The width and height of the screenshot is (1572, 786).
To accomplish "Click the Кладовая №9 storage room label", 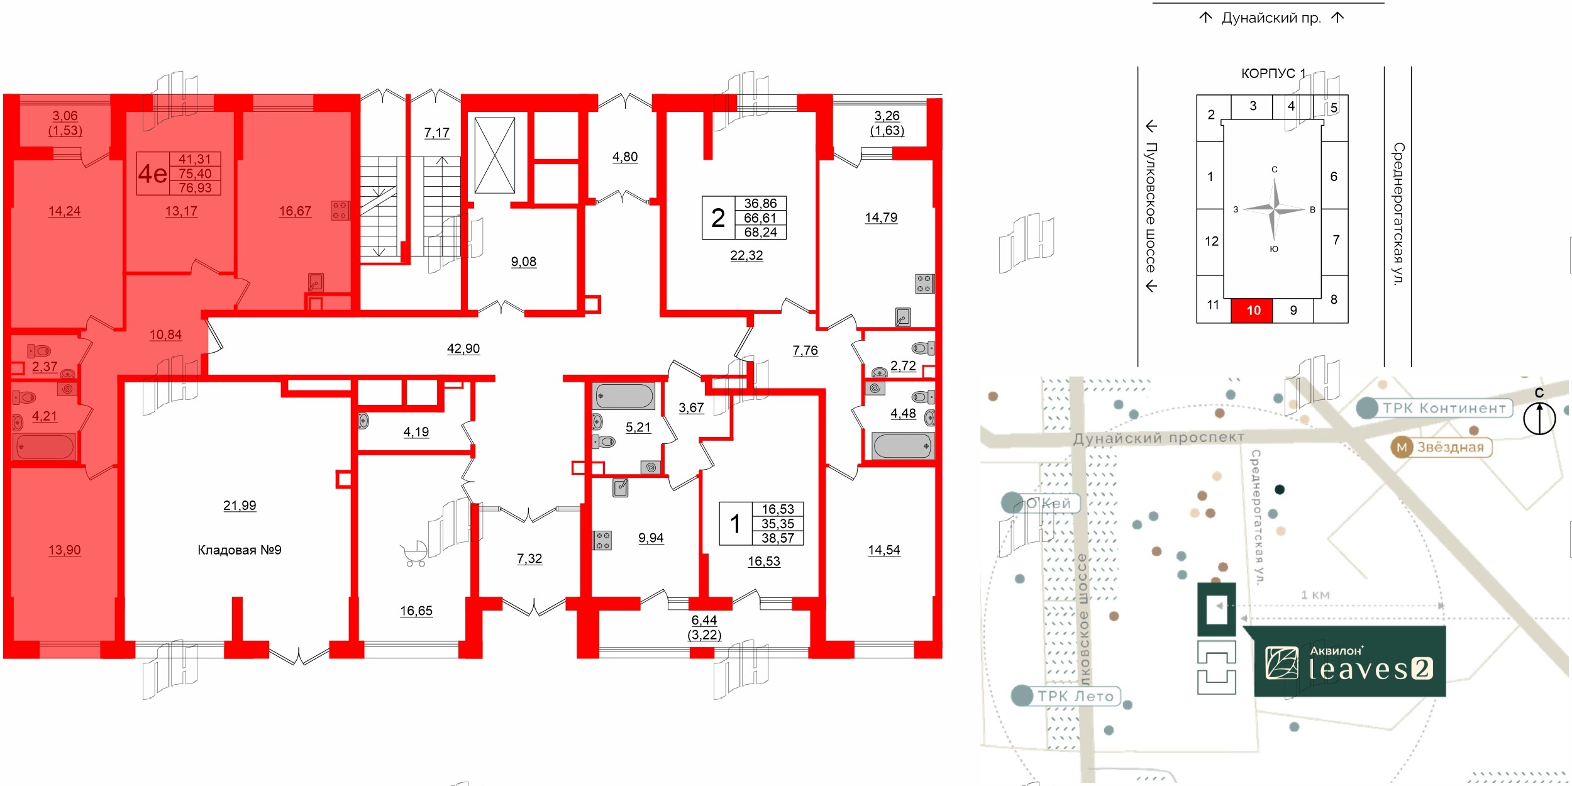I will pyautogui.click(x=240, y=550).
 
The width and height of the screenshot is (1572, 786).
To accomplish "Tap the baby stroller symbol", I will pyautogui.click(x=414, y=553).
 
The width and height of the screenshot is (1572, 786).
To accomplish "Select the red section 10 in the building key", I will pyautogui.click(x=1253, y=311).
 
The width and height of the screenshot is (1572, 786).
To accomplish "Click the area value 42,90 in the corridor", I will pyautogui.click(x=463, y=349).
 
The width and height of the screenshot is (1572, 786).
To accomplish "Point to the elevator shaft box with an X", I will pyautogui.click(x=495, y=155).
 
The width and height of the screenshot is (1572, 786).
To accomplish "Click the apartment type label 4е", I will pyautogui.click(x=153, y=174).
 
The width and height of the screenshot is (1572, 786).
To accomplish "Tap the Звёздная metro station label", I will pyautogui.click(x=1441, y=448).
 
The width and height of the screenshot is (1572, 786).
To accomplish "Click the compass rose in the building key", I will pyautogui.click(x=1275, y=209).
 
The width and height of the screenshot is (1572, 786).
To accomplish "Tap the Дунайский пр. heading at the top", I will pyautogui.click(x=1271, y=18).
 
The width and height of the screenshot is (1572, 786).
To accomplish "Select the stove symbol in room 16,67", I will pyautogui.click(x=340, y=211).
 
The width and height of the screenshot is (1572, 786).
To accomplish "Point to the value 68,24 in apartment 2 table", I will pyautogui.click(x=760, y=233).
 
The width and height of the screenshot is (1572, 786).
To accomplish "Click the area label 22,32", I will pyautogui.click(x=746, y=256).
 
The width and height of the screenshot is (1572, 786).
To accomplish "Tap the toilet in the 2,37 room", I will pyautogui.click(x=40, y=351).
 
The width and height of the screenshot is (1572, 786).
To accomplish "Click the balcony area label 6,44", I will pyautogui.click(x=704, y=621).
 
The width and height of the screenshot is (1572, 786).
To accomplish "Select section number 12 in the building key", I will pyautogui.click(x=1212, y=241).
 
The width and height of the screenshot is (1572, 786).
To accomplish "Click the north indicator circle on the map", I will pyautogui.click(x=1539, y=418).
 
